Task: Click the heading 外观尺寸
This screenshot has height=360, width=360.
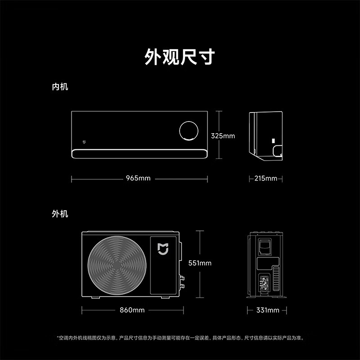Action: pos(180,57)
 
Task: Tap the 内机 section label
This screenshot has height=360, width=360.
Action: pos(60,87)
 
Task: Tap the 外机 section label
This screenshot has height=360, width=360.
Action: pos(60,214)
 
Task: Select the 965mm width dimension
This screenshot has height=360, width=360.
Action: pos(138,178)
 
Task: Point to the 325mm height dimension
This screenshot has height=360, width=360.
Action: pos(223,136)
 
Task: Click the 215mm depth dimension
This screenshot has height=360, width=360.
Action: pos(265,178)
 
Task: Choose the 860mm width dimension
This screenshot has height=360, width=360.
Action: pos(132,310)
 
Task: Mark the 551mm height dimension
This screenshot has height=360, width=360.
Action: pos(200,263)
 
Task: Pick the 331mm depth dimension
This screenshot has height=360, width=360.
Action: pos(268,310)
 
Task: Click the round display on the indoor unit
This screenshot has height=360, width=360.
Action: pos(189,121)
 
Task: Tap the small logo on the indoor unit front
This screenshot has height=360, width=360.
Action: pos(84,142)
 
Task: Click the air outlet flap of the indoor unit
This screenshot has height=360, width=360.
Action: pos(139,153)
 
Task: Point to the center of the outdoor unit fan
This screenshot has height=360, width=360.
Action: pos(117,265)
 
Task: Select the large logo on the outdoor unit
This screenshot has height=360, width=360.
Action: pos(163,249)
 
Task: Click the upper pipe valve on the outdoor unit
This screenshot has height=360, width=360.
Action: pos(182,278)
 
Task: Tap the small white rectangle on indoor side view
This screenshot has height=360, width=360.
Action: pos(274,141)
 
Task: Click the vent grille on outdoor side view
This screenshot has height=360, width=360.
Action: pos(276,279)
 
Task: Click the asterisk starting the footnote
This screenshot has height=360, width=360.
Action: pos(58,337)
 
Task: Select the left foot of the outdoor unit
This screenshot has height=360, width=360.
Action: pos(96,297)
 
